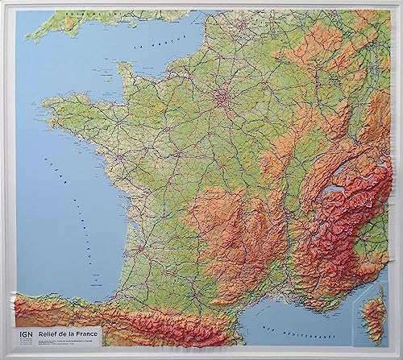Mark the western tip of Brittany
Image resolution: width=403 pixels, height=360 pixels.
tap(44, 105)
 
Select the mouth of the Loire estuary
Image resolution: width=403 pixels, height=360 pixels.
tap(96, 156)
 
